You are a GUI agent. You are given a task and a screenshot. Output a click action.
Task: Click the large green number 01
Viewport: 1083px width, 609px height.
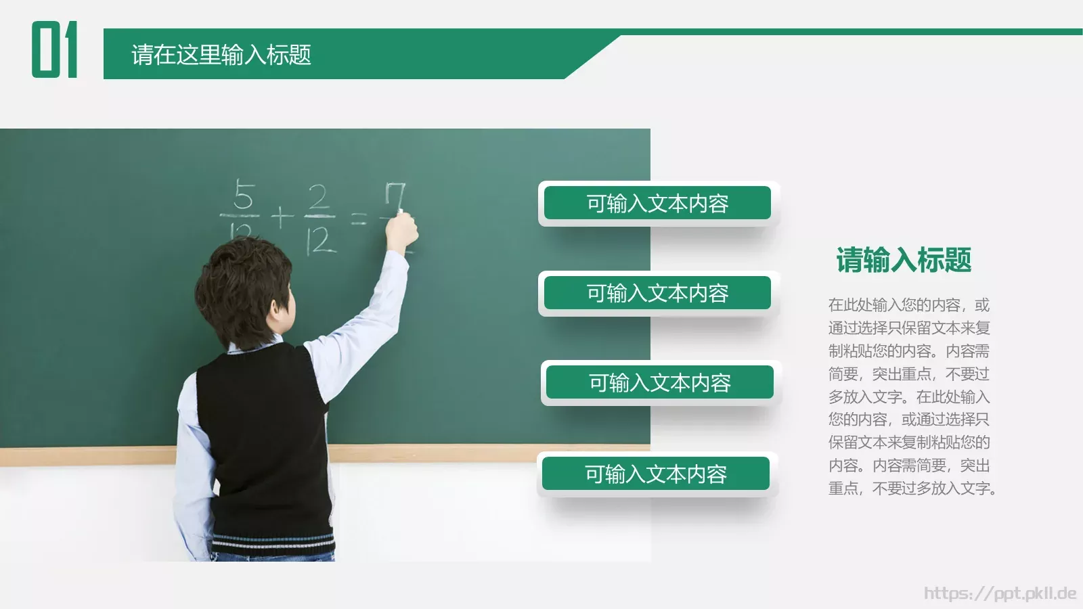(54, 49)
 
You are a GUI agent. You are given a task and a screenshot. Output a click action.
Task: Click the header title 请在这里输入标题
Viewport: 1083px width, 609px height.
(221, 55)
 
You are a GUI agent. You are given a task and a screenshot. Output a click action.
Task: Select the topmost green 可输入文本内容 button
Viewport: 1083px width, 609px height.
(657, 203)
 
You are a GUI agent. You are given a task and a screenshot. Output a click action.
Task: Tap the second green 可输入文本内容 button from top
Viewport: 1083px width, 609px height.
(657, 293)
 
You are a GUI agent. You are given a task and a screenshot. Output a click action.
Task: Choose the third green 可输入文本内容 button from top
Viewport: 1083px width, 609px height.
(659, 383)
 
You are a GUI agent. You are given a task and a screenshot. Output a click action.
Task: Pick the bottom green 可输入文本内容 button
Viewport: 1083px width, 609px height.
(655, 474)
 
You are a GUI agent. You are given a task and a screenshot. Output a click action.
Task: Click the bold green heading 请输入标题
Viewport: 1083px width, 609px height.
(904, 260)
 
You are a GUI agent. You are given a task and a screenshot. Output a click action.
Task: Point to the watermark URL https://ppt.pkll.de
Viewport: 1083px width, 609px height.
(1000, 593)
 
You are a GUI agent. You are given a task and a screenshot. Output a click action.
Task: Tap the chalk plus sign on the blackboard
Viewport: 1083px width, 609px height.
(282, 217)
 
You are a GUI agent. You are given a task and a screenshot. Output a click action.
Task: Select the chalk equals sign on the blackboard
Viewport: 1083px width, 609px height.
(359, 218)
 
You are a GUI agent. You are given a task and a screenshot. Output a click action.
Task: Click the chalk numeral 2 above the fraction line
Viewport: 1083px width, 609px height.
(319, 198)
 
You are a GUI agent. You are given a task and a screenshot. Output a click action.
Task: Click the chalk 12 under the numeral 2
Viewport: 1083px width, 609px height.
(321, 240)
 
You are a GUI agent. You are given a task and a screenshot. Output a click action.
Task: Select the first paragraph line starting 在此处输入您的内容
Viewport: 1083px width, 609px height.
(908, 305)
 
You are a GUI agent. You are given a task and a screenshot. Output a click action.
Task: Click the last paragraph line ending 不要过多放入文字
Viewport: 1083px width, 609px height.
(912, 488)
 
